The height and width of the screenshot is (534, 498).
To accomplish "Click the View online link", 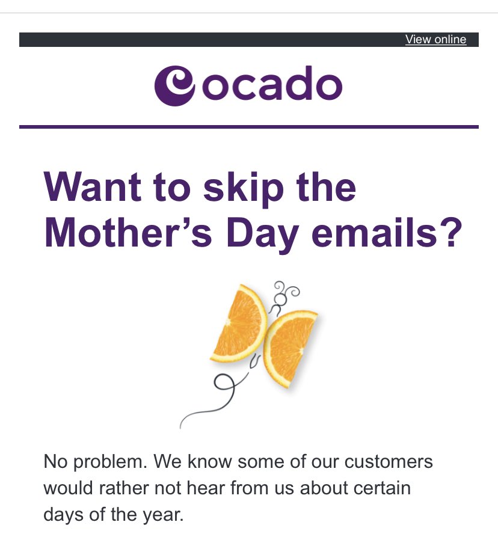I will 435,40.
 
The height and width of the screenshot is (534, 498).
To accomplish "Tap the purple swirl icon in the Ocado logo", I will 175,86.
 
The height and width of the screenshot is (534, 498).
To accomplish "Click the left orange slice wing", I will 240,324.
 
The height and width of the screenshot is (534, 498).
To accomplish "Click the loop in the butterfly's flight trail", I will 224,383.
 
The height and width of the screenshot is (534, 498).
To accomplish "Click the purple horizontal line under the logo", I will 249,127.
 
